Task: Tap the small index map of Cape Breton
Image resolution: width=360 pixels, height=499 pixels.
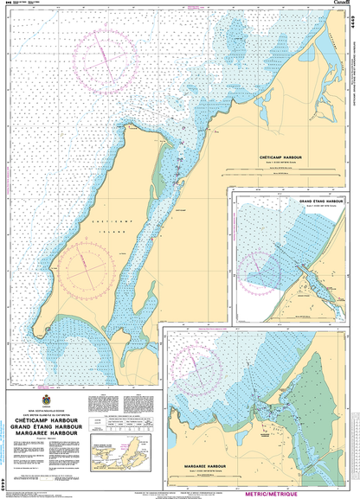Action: tap(118, 452)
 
